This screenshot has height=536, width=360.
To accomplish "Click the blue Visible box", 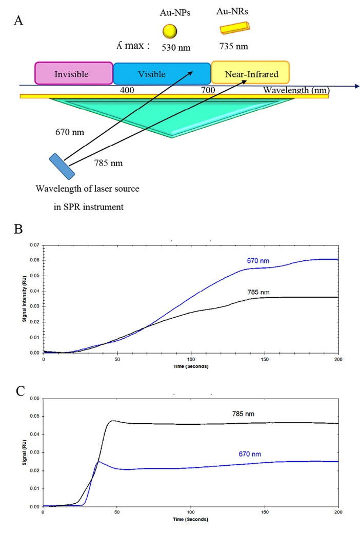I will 162,73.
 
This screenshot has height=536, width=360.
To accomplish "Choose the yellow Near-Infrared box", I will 250,73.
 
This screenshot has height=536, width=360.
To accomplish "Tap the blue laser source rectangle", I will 59,166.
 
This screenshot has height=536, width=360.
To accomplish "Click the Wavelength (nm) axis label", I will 296,90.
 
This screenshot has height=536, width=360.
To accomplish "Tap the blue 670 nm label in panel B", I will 258,261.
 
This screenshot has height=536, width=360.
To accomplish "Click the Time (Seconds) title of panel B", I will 191,367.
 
